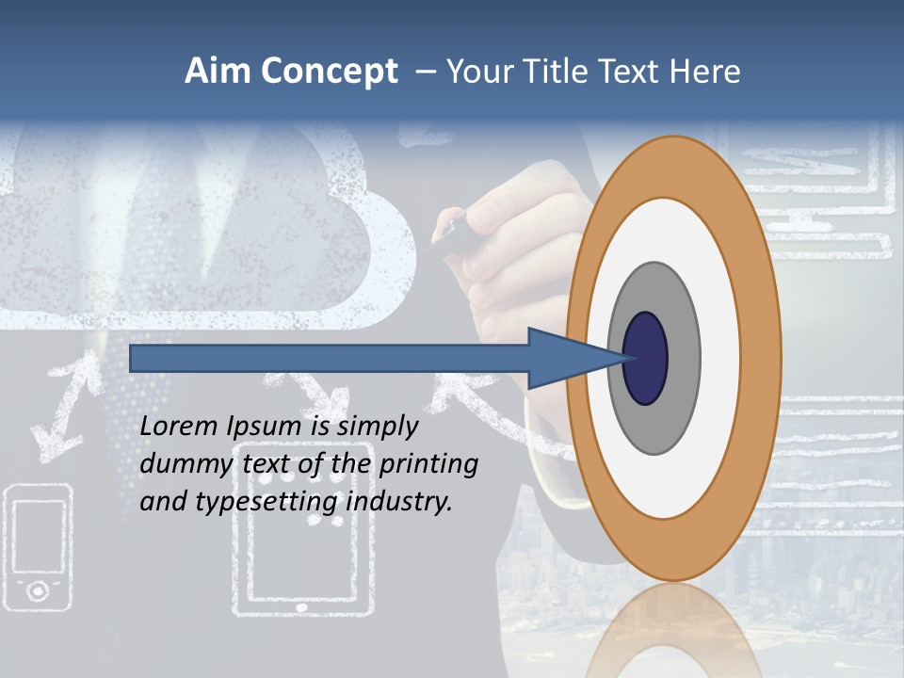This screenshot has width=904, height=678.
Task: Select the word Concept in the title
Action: tap(329, 73)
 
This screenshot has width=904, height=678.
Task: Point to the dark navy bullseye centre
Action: tap(645, 358)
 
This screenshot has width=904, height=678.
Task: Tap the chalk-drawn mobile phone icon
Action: tap(38, 546)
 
